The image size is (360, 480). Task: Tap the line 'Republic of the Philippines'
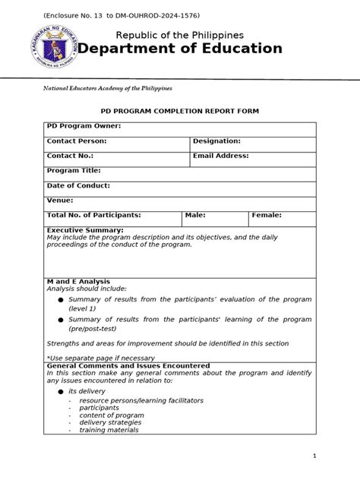(179, 35)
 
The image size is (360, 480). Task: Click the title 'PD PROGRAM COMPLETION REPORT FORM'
(179, 111)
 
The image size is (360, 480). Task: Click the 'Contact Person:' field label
(76, 141)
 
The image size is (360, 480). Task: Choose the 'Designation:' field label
(216, 141)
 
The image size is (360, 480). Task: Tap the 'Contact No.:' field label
(71, 156)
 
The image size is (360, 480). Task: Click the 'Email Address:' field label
(220, 156)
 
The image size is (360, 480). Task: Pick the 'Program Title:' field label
(73, 171)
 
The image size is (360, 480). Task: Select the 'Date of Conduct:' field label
(78, 185)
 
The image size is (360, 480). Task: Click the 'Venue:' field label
(60, 201)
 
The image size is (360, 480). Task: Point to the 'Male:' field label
(195, 216)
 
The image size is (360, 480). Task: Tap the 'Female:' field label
(267, 216)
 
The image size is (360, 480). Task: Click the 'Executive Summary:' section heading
(85, 229)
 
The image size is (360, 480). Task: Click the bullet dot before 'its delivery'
(60, 391)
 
